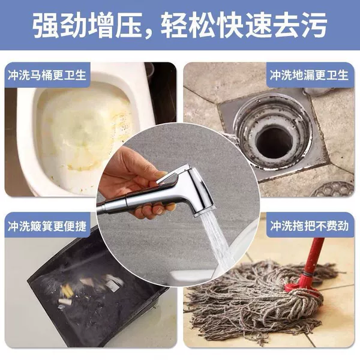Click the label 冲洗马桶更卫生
click(47, 75)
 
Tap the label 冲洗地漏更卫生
click(309, 75)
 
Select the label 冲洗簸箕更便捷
click(47, 226)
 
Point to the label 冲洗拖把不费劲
click(309, 226)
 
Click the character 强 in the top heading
click(47, 25)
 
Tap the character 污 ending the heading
click(313, 25)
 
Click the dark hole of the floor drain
click(274, 143)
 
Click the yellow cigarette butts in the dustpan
click(67, 291)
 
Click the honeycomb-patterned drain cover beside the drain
click(332, 189)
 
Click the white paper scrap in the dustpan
click(113, 285)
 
